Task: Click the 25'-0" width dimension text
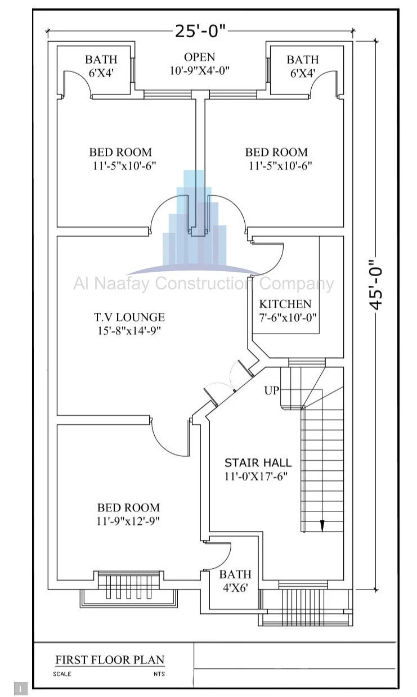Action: (x=200, y=31)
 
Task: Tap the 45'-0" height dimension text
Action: (x=376, y=284)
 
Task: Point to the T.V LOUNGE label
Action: (x=129, y=317)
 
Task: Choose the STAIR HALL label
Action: (x=258, y=463)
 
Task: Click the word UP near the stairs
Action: (x=271, y=390)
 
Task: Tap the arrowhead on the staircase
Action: (x=322, y=525)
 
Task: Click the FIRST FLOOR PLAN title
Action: (x=110, y=660)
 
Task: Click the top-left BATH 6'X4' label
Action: (x=101, y=66)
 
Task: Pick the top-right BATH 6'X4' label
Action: (x=302, y=66)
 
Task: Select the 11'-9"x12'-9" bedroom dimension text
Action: (x=128, y=521)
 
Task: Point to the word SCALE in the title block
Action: (x=62, y=674)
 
